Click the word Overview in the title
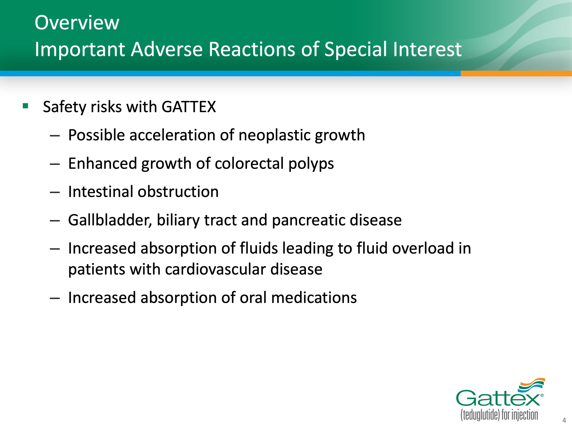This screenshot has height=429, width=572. [x=77, y=23]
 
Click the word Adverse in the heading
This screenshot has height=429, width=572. [x=167, y=49]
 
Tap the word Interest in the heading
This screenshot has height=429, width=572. [x=427, y=49]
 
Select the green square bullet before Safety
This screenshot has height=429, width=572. [x=25, y=106]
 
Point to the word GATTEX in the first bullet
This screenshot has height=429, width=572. [x=189, y=107]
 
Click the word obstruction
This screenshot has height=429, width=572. [x=178, y=192]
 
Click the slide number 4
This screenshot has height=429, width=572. [x=564, y=420]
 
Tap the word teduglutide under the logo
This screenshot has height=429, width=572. [x=480, y=415]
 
